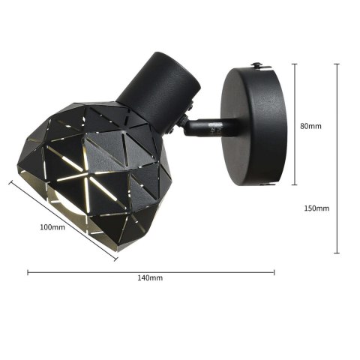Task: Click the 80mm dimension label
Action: (x=310, y=126)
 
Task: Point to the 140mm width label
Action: (x=151, y=278)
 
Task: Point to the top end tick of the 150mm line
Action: (x=336, y=64)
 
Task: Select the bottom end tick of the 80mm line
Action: (x=294, y=184)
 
